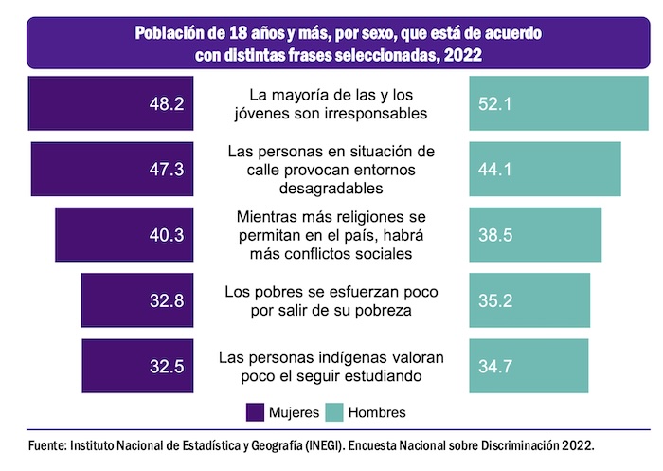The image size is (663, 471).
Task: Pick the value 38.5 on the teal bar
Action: (x=494, y=235)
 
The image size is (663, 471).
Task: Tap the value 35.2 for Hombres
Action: (x=494, y=300)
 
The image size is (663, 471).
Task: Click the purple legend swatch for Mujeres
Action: (x=255, y=412)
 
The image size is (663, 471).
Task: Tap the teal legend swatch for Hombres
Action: (x=333, y=412)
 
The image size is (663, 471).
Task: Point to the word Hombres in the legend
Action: (x=377, y=412)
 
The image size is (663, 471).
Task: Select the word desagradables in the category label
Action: (x=331, y=188)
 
